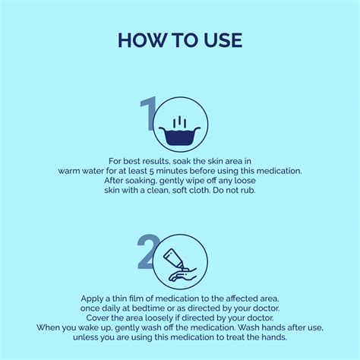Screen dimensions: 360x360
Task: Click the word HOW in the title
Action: click(142, 40)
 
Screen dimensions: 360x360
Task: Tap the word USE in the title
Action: click(223, 40)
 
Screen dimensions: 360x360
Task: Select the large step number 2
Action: click(147, 252)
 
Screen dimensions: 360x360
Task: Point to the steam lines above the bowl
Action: click(180, 122)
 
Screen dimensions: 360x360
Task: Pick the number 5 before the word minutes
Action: click(151, 171)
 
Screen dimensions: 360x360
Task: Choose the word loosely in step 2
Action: click(159, 318)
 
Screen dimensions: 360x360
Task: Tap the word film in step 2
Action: click(136, 299)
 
